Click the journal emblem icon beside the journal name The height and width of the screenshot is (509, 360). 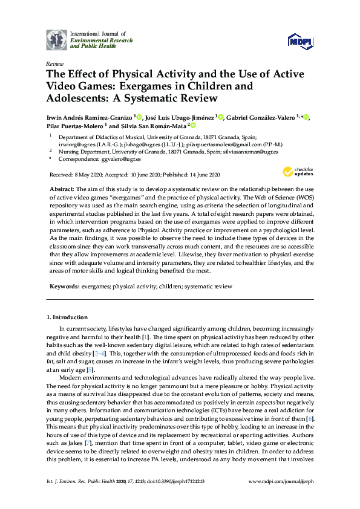(x=56, y=39)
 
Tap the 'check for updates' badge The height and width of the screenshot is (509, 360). (x=298, y=173)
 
